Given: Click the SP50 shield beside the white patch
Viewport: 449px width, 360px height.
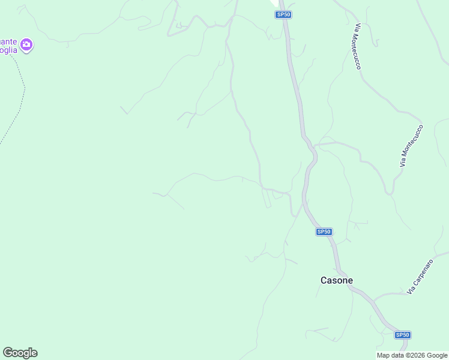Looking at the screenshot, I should (283, 14).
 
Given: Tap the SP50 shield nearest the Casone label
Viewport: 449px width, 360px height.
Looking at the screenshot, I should (324, 232).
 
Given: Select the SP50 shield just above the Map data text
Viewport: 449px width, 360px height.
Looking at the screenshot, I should (402, 335).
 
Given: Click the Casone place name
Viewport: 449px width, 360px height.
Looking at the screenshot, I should (337, 280).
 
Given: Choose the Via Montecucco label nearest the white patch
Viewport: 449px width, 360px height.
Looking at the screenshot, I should (358, 47).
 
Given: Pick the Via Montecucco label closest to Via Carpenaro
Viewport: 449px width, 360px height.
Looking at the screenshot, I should (411, 145).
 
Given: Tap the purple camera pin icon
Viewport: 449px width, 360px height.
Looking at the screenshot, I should (26, 44).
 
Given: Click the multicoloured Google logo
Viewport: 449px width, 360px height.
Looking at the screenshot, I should (20, 353).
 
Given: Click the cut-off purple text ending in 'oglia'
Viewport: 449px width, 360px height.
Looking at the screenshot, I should (8, 50).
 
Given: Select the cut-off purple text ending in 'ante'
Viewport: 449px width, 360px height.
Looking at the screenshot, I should (8, 41).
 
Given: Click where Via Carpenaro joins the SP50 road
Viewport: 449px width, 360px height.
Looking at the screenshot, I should (373, 298).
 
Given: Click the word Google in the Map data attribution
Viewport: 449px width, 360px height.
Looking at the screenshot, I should (437, 355).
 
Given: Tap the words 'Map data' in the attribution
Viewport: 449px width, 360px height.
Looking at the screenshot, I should (391, 355).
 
